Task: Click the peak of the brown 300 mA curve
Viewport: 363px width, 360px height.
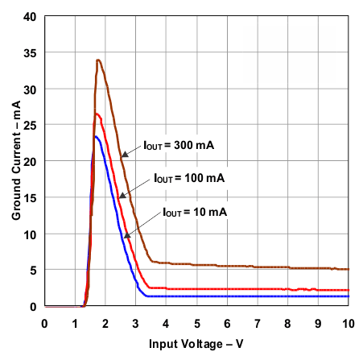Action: point(97,60)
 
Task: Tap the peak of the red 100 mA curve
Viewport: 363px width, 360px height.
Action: point(97,114)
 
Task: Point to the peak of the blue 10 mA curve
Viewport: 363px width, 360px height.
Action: point(97,136)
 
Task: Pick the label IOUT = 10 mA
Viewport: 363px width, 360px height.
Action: point(196,212)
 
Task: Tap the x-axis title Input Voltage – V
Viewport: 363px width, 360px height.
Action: point(197,344)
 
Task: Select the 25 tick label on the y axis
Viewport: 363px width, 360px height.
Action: point(30,125)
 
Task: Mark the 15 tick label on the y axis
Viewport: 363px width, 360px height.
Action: point(30,197)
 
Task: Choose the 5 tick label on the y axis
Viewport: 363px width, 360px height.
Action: point(33,271)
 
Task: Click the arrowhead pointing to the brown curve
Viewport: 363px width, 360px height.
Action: point(124,155)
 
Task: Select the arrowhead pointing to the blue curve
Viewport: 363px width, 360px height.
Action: point(126,236)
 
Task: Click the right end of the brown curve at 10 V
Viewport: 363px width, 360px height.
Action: point(349,270)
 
